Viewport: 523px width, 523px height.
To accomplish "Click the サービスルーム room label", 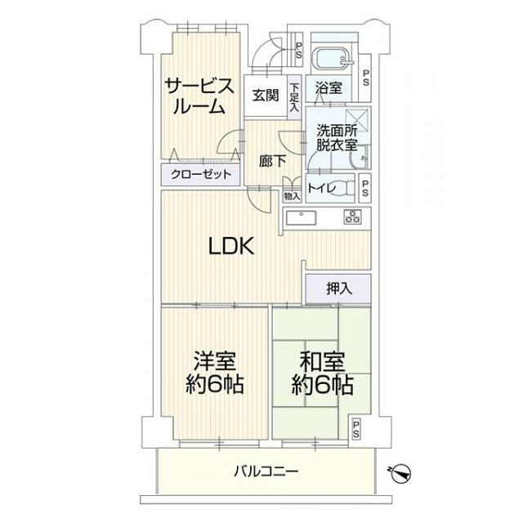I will coord(201,96).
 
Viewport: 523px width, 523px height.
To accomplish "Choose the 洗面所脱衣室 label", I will coord(336,137).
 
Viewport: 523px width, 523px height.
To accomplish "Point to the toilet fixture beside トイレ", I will coord(353,187).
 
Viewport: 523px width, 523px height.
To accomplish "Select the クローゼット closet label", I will coord(201,174).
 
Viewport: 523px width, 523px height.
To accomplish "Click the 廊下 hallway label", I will coord(271,161).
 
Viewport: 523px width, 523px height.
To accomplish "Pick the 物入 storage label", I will coord(292,196).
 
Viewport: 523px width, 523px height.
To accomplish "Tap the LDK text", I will coord(232,245).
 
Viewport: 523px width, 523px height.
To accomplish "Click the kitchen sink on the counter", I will coord(302,218).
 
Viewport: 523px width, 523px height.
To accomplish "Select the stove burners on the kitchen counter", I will coord(353,217).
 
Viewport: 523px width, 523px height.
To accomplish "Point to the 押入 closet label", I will coord(338,288).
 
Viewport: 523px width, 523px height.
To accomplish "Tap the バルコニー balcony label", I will coord(266,471).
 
